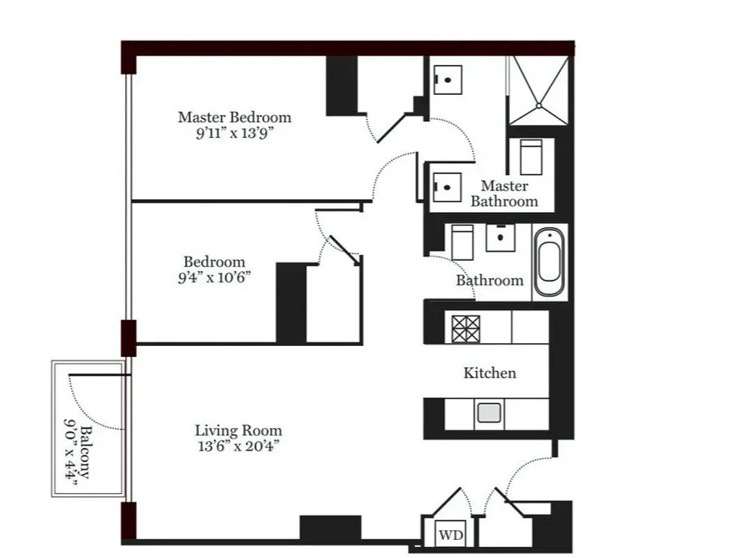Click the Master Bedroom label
tap(234, 117)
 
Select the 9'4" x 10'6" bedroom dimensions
tap(214, 277)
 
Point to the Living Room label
tap(238, 430)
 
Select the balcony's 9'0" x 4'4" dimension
tap(71, 451)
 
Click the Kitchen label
tap(490, 373)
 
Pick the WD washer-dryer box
tap(450, 536)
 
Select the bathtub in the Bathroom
tap(550, 263)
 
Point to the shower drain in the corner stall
tap(538, 105)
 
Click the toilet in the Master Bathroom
tap(531, 157)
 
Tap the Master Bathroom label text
tap(504, 194)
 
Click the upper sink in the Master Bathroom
tap(447, 80)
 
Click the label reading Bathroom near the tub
tap(489, 280)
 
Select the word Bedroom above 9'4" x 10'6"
tap(214, 262)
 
